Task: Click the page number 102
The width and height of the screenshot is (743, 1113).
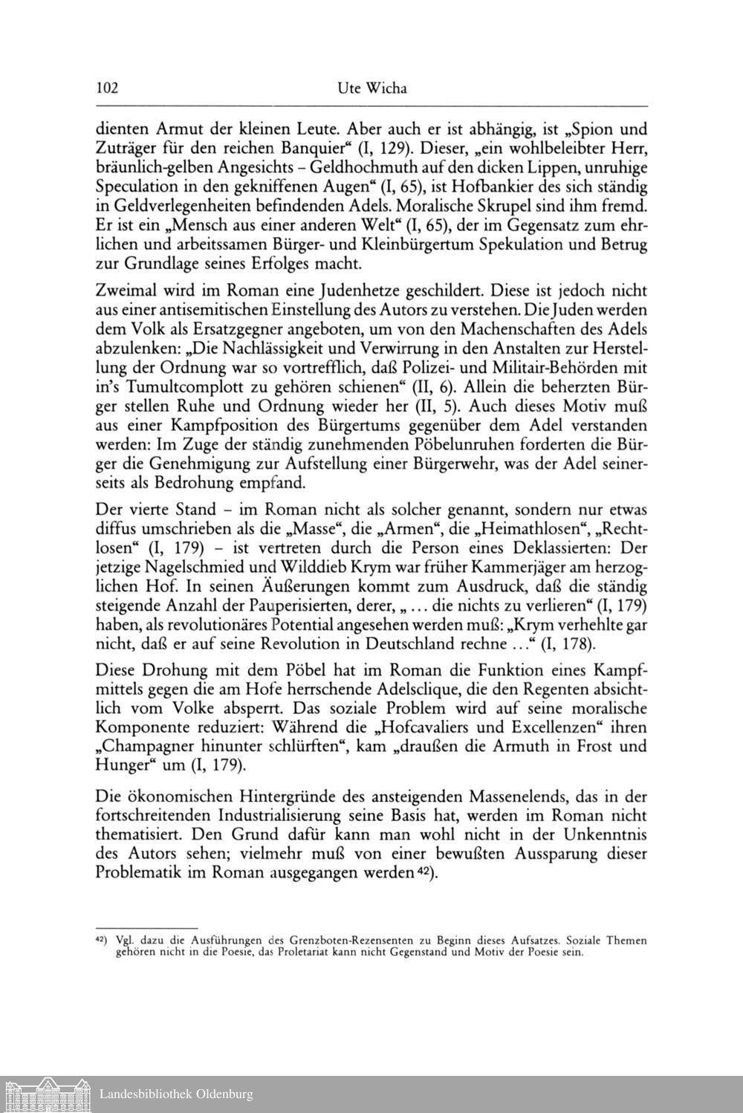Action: (x=108, y=89)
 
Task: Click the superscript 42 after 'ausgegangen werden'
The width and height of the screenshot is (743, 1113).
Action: (x=424, y=870)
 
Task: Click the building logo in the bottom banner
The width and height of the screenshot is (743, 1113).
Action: (x=45, y=1094)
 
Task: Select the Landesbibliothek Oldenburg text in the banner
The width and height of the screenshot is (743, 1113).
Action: (x=176, y=1094)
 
